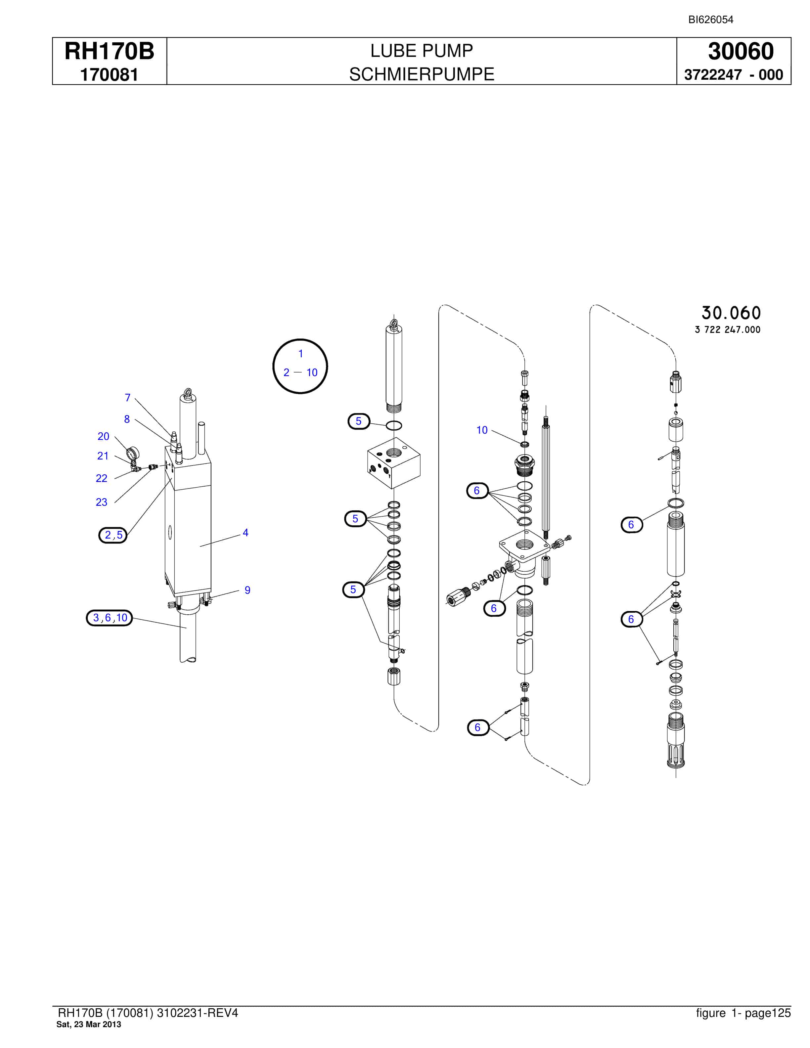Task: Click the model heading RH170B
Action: click(x=110, y=51)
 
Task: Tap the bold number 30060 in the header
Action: click(x=741, y=51)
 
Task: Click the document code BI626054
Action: click(x=711, y=20)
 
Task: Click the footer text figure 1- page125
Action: click(x=743, y=1013)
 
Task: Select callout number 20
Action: click(x=103, y=436)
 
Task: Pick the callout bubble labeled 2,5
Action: click(x=113, y=535)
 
